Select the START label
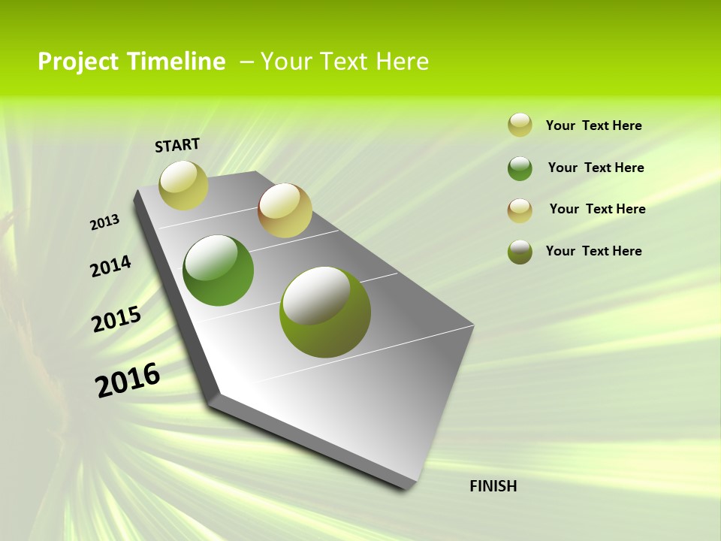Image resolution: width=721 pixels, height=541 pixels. (x=177, y=145)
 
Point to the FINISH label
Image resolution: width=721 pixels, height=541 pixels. (x=493, y=486)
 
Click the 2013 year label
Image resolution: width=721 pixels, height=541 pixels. (x=104, y=222)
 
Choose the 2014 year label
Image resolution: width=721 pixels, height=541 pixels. (x=110, y=266)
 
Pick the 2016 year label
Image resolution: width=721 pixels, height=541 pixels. (x=128, y=380)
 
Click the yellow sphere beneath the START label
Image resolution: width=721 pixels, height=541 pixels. (x=184, y=185)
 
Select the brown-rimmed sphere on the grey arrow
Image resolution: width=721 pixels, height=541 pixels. (x=285, y=210)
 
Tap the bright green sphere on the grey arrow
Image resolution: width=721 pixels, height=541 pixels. (x=219, y=270)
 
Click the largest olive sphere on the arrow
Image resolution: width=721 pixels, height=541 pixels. (x=325, y=312)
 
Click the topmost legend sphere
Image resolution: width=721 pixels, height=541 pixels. (x=520, y=125)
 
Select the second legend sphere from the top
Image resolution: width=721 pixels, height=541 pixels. (x=520, y=168)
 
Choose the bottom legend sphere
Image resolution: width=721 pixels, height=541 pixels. (x=520, y=252)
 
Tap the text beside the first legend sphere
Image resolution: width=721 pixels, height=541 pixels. (x=593, y=125)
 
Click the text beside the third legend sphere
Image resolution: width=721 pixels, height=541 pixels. (x=597, y=209)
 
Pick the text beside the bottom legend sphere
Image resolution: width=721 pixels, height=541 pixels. (x=593, y=251)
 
